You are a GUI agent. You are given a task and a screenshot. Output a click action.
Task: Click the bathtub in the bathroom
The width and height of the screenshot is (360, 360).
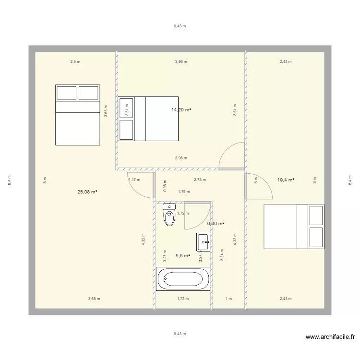tap(183, 279)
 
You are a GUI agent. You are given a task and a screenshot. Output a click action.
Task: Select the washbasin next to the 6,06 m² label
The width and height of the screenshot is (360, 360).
tap(203, 241)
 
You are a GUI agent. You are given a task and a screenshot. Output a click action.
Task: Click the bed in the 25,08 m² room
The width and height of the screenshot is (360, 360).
tap(78, 115)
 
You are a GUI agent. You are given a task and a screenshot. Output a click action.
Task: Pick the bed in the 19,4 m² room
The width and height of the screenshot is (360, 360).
tap(294, 227)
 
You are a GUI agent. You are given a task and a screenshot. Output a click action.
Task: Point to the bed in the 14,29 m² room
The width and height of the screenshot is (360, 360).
tap(148, 119)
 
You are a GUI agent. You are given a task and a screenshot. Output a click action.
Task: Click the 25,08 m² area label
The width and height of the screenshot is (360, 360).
tap(87, 192)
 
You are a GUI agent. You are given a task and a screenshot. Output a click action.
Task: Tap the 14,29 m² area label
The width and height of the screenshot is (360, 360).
tap(181, 110)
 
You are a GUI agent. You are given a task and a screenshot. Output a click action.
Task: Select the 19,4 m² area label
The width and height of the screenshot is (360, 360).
tap(286, 180)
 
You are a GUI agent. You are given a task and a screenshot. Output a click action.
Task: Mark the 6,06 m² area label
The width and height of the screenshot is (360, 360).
tap(216, 224)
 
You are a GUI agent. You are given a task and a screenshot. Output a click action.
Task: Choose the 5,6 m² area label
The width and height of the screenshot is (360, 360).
tap(182, 256)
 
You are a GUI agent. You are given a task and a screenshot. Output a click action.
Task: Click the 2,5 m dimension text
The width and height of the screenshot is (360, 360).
tap(75, 61)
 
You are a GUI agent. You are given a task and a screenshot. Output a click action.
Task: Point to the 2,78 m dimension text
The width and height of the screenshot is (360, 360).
tap(200, 180)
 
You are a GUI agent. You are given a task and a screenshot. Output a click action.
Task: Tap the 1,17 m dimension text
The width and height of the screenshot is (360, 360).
tap(134, 180)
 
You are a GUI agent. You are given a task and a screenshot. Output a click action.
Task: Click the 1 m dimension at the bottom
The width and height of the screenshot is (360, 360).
tap(228, 299)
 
